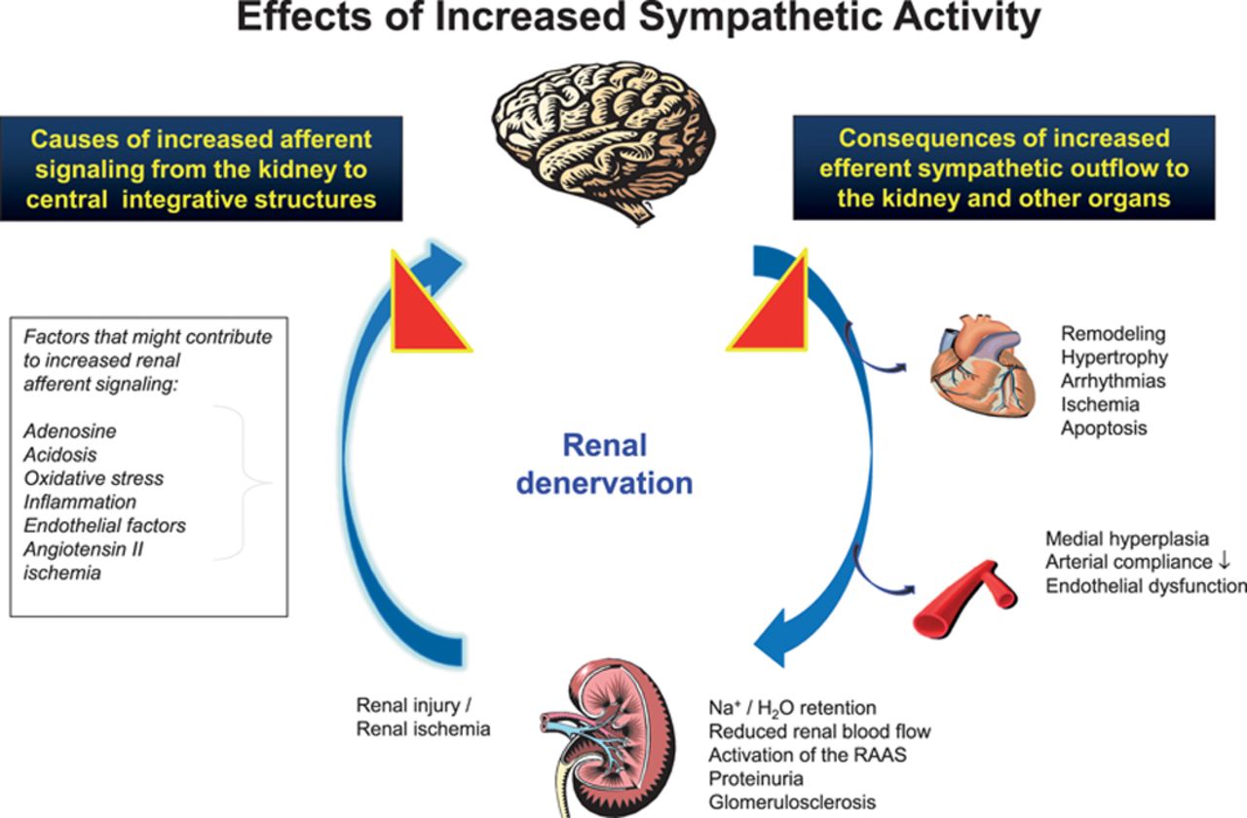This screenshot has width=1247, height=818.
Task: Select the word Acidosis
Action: click(60, 456)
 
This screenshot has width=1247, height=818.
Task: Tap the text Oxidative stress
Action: click(94, 479)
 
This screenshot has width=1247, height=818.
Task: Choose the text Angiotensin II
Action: click(86, 549)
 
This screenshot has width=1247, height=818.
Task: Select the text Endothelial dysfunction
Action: click(1146, 585)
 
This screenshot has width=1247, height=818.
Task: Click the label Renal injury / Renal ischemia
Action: click(423, 717)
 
